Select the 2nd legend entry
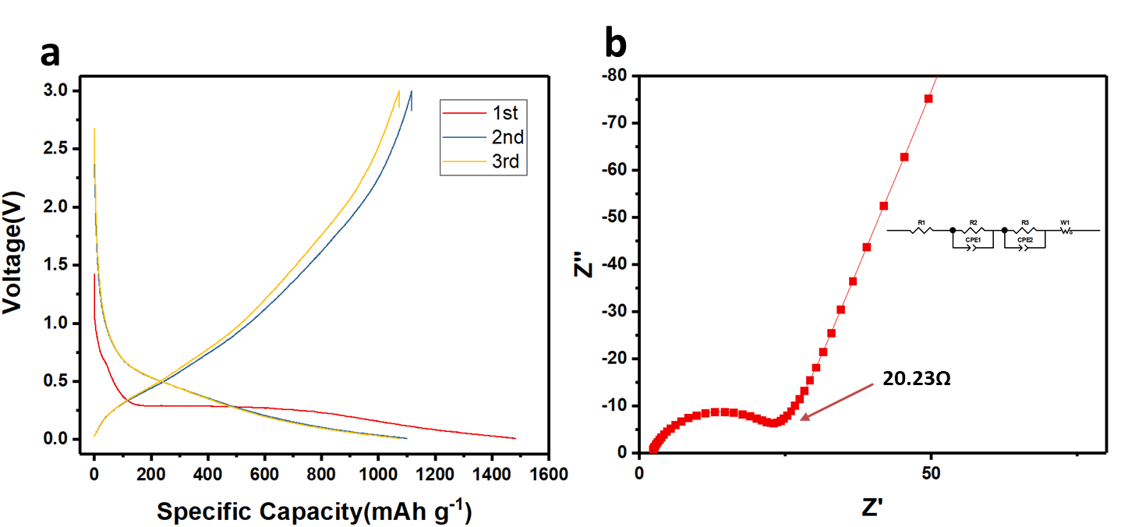(507, 139)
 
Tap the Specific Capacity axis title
(314, 511)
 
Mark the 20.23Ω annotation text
(915, 379)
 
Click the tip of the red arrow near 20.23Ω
(801, 419)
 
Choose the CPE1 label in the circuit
(972, 240)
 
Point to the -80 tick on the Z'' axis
(616, 76)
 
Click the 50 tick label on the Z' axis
(932, 473)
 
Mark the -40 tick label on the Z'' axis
(616, 264)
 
